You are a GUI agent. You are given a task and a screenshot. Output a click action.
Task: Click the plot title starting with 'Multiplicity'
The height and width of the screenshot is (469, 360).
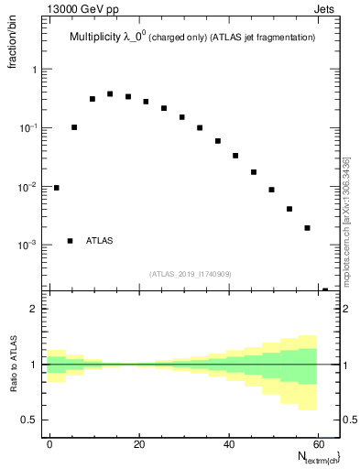[x=192, y=38]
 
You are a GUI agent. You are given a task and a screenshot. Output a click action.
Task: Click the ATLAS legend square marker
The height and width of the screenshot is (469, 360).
[x=70, y=241]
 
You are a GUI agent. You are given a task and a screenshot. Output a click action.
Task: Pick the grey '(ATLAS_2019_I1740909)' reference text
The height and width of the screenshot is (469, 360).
[x=191, y=274]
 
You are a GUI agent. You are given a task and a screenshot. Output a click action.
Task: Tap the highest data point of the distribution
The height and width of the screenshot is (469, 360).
[x=110, y=93]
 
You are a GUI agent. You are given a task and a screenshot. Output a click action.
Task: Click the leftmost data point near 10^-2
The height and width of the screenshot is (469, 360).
[x=56, y=188]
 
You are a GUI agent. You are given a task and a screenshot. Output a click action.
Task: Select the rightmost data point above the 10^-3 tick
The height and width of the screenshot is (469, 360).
[x=307, y=228]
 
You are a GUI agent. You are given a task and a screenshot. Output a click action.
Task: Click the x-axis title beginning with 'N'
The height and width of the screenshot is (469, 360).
[x=317, y=456]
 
